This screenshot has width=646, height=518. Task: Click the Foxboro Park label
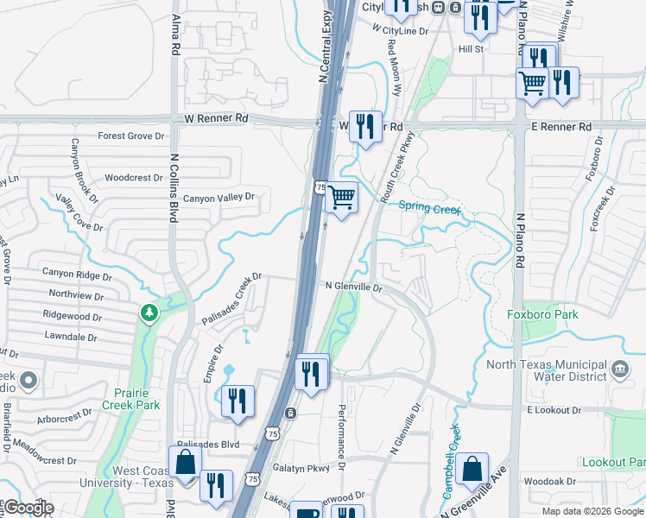(x=542, y=315)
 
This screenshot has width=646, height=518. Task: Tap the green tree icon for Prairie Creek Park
(x=150, y=313)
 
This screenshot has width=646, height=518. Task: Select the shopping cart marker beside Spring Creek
(x=342, y=198)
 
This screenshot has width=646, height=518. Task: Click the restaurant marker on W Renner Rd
(x=365, y=126)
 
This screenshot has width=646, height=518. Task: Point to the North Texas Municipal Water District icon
(x=620, y=369)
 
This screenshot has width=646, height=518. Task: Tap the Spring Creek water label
(x=429, y=207)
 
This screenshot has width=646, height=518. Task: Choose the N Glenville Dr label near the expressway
(x=353, y=286)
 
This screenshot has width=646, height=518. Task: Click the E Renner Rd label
(x=560, y=127)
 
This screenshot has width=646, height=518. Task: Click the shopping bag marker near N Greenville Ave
(x=472, y=470)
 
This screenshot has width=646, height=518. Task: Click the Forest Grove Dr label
(x=130, y=136)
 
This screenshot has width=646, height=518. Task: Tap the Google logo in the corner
(x=28, y=509)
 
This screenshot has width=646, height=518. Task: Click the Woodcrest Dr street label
(x=133, y=178)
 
